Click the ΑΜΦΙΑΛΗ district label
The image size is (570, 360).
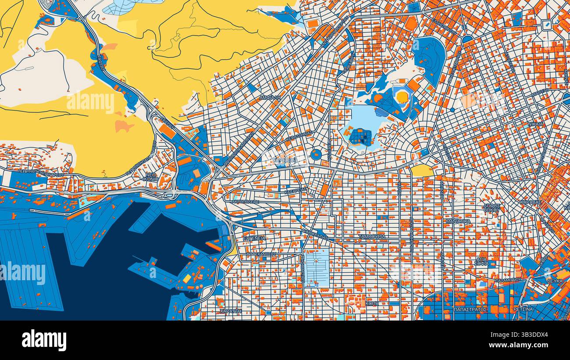[270, 98]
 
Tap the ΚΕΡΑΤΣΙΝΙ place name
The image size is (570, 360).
[285, 160]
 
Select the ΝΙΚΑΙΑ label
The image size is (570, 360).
[535, 124]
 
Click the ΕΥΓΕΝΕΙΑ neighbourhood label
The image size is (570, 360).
[254, 238]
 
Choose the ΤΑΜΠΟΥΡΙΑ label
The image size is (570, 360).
[372, 236]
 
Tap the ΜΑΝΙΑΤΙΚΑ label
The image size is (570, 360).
[458, 221]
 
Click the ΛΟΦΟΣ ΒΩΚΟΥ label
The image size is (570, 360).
[492, 207]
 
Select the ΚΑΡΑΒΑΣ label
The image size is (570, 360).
[531, 203]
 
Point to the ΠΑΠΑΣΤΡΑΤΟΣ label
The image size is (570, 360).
[470, 310]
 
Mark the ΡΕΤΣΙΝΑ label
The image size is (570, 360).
[523, 309]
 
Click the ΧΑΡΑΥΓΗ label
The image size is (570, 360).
[231, 310]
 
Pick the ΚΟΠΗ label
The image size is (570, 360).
[372, 303]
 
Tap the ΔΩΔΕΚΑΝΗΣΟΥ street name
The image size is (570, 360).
[261, 254]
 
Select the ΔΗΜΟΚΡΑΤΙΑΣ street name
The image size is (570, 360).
[314, 233]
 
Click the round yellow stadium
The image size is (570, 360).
[402, 97]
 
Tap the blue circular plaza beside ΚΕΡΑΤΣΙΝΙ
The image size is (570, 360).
[316, 154]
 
